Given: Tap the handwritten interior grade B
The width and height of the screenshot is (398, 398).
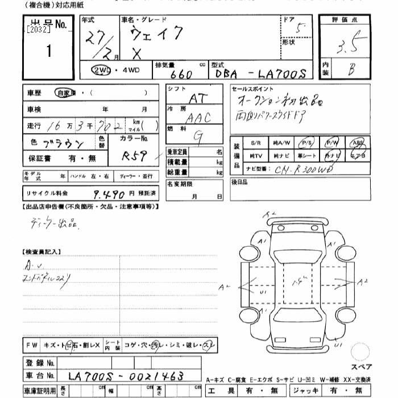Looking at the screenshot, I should coord(352,69).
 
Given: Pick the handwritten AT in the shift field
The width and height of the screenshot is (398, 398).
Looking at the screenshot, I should coord(198,98).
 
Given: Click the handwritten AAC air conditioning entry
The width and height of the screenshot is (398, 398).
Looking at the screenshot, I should coord(199,118).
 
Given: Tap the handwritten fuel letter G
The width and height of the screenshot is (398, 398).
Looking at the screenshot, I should coord(198,136).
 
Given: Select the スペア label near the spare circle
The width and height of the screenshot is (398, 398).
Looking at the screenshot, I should coord(360,367).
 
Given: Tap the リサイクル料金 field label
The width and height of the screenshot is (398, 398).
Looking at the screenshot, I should coord(45,194).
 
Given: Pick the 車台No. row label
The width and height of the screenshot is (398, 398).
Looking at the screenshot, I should coord(40,376).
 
